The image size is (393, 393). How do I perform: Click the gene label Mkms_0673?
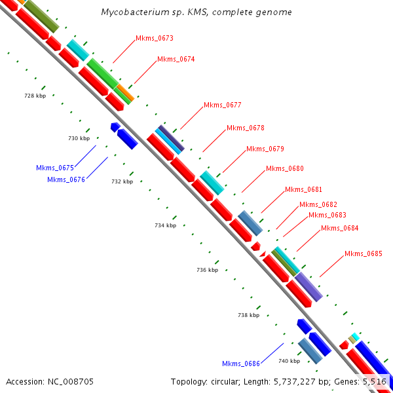pos(155,38)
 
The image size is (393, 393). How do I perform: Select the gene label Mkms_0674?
pos(176,59)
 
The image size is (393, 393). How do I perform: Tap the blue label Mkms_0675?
pos(55,168)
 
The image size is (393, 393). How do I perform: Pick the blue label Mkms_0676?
pos(66,179)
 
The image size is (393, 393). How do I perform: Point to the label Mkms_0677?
pos(223,105)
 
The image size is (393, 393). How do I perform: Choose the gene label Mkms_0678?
pos(246,128)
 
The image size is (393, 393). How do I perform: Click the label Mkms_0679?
pos(265,149)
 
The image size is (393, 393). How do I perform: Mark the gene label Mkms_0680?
pos(285,168)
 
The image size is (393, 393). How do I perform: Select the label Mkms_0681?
pos(304,189)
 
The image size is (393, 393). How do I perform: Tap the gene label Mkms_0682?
pos(318,204)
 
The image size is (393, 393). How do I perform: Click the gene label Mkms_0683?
pos(327,215)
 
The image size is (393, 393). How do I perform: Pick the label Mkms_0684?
pos(340,228)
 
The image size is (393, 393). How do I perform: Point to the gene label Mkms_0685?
pos(364,253)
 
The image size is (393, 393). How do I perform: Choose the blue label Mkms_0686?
pos(241,364)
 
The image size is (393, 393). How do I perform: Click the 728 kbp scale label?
pos(35,96)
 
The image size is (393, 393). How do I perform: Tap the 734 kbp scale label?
pos(166,225)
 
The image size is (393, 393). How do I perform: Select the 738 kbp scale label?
pos(248,315)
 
